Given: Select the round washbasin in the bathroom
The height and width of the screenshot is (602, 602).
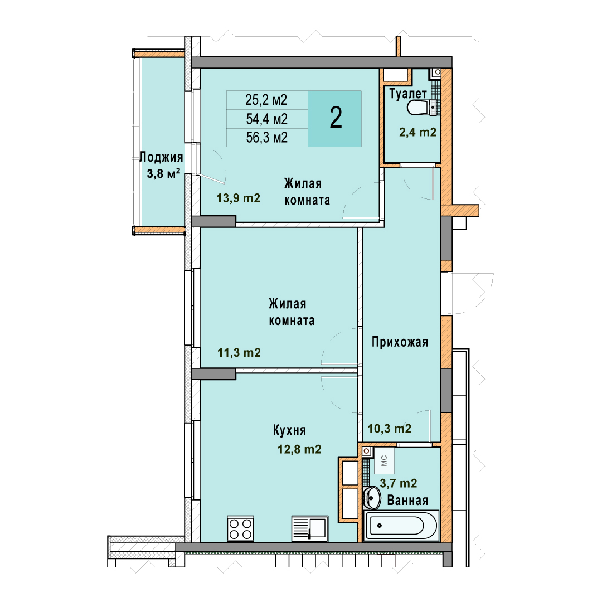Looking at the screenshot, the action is [x=372, y=497].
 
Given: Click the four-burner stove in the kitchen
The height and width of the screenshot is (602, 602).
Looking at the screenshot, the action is [x=240, y=528].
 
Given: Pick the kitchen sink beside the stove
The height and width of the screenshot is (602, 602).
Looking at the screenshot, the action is [x=310, y=528].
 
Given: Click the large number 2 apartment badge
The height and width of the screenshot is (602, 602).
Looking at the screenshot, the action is [x=336, y=118].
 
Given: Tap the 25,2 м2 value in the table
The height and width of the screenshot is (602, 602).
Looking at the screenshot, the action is [x=266, y=100].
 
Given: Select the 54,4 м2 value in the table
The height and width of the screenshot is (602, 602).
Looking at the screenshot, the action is [x=267, y=119].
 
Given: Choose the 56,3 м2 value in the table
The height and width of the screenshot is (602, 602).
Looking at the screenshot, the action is [x=267, y=138].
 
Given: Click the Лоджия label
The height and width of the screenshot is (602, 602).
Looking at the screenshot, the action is [x=161, y=157].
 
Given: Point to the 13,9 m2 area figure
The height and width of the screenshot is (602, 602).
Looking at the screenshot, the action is [x=239, y=198].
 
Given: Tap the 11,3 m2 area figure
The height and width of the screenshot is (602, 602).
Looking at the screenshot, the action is [x=239, y=352].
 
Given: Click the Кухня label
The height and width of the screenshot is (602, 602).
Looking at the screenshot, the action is [x=289, y=430].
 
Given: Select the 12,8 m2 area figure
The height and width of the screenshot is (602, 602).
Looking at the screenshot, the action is [x=299, y=449].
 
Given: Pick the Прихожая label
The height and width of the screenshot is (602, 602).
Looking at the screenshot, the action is [x=400, y=342].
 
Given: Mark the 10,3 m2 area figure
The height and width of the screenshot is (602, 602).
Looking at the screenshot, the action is [x=390, y=429].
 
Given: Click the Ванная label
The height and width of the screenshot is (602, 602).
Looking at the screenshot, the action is [x=407, y=500].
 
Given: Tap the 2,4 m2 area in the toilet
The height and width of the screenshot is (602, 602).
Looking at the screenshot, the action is [x=417, y=133].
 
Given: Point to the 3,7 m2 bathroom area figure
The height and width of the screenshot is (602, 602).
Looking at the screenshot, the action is [x=399, y=483].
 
